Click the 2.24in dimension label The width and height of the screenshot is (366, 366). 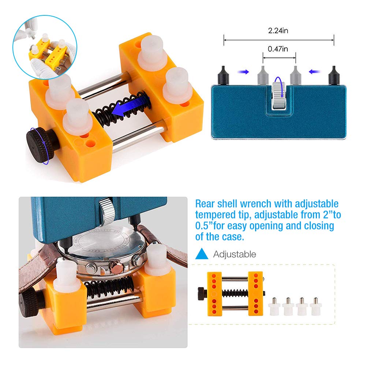(x=278, y=31)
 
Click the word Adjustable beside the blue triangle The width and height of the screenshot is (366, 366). (x=235, y=254)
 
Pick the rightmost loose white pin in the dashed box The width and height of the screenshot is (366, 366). (x=314, y=307)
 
